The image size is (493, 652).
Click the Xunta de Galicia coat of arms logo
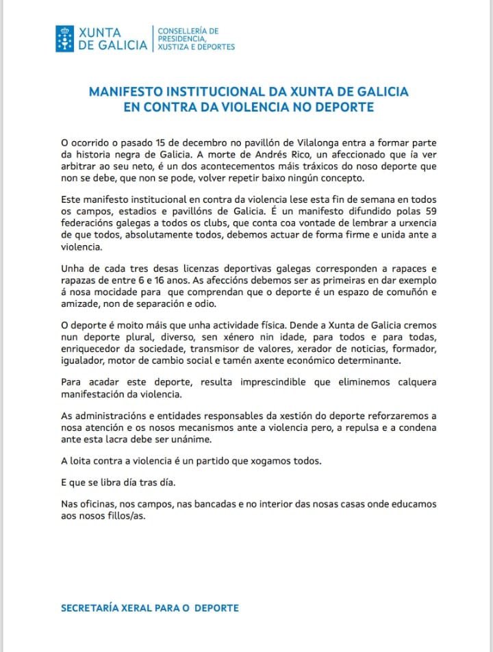66,38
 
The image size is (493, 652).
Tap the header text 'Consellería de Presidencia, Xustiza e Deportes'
196,39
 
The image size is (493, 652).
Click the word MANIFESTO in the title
128,92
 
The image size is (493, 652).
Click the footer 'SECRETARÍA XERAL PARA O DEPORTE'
150,608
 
